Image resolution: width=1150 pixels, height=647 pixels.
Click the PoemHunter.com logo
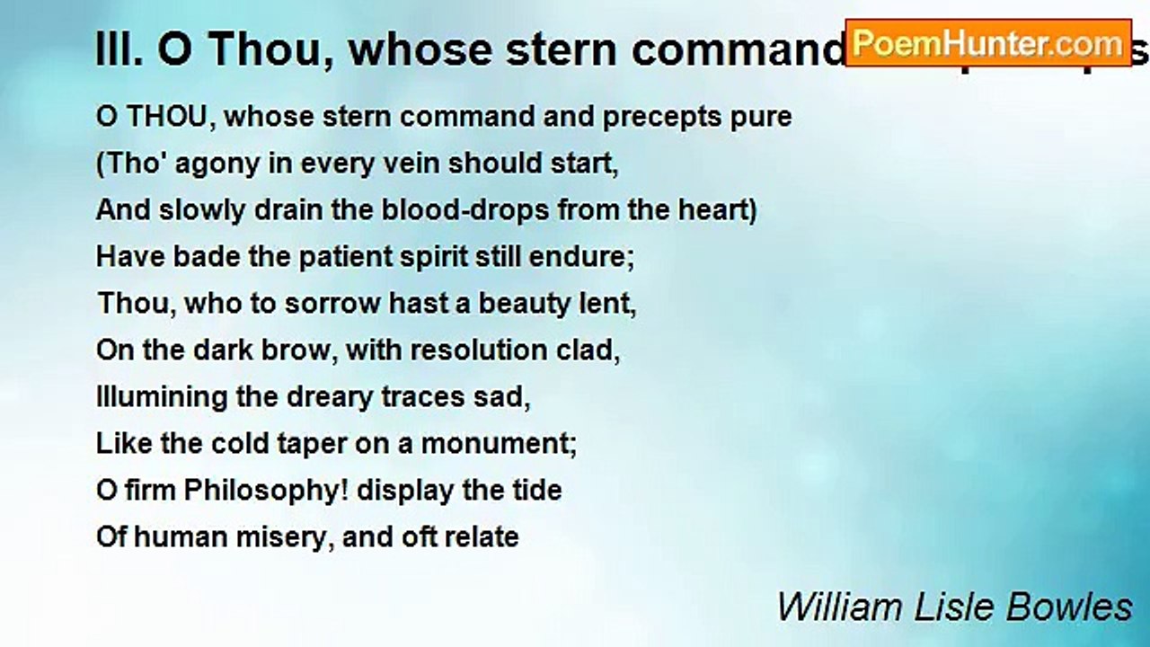click(987, 42)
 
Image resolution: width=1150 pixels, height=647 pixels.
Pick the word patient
click(308, 257)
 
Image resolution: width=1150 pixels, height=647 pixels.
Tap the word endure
click(587, 257)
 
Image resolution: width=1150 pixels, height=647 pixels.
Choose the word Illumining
click(162, 397)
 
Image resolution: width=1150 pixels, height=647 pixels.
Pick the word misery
click(333, 537)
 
